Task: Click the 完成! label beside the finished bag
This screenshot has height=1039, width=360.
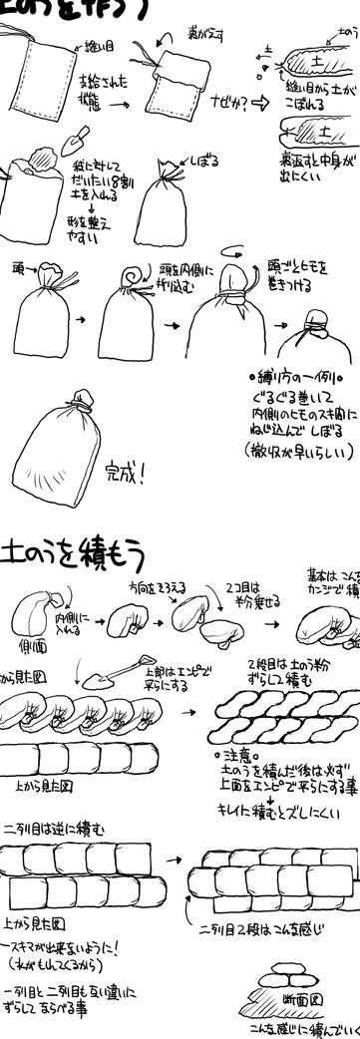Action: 127,470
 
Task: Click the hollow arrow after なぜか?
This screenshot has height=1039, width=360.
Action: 256,104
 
